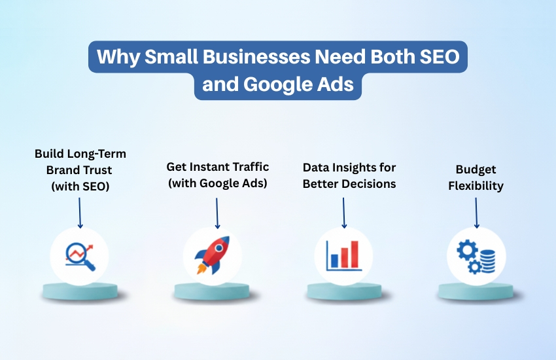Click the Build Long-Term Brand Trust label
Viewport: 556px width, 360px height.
pos(80,170)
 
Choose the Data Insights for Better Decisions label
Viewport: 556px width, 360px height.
pos(349,175)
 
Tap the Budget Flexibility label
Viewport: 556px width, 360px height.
pos(476,177)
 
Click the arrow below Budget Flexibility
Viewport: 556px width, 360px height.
pos(476,213)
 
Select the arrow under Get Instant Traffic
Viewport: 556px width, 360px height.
pos(217,213)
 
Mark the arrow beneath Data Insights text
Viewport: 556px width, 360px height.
pos(344,213)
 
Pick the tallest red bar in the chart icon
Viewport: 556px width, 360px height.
pos(355,254)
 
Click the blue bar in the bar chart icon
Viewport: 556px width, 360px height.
pos(334,261)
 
